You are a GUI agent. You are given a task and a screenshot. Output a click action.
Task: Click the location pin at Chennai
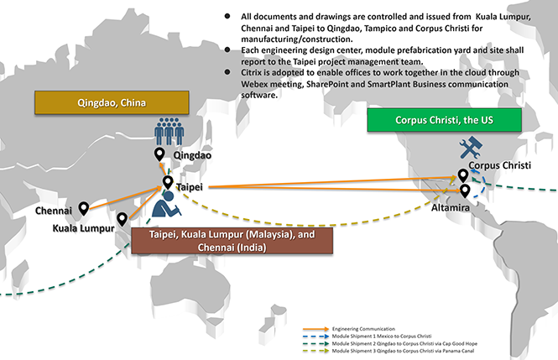pyautogui.click(x=84, y=206)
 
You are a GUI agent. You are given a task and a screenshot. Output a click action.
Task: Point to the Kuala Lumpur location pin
pyautogui.click(x=123, y=219)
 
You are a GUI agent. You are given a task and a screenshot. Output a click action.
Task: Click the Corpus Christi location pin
pyautogui.click(x=462, y=175)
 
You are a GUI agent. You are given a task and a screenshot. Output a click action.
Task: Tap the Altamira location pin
pyautogui.click(x=465, y=190)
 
